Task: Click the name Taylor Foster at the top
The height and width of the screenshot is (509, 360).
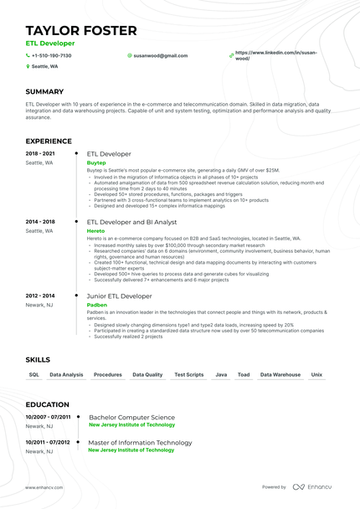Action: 81,31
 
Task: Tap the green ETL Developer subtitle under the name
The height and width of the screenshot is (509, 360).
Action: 49,43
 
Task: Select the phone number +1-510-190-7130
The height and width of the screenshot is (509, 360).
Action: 51,55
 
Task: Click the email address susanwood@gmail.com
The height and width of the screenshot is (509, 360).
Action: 160,55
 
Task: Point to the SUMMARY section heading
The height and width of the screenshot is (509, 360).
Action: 44,90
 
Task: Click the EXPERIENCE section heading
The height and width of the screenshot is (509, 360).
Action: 49,141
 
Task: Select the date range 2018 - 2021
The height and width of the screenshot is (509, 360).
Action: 39,154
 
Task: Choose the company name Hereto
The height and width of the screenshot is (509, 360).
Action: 96,230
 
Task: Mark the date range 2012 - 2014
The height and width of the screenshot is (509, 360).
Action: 39,296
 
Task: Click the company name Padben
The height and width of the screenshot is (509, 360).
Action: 97,305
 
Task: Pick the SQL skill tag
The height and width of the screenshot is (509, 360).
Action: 34,375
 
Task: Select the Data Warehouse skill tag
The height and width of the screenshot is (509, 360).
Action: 280,375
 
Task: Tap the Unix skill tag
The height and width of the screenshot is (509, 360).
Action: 317,375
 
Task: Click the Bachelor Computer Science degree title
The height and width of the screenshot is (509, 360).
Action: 131,416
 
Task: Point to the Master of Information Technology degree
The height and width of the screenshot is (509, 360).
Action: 140,441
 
